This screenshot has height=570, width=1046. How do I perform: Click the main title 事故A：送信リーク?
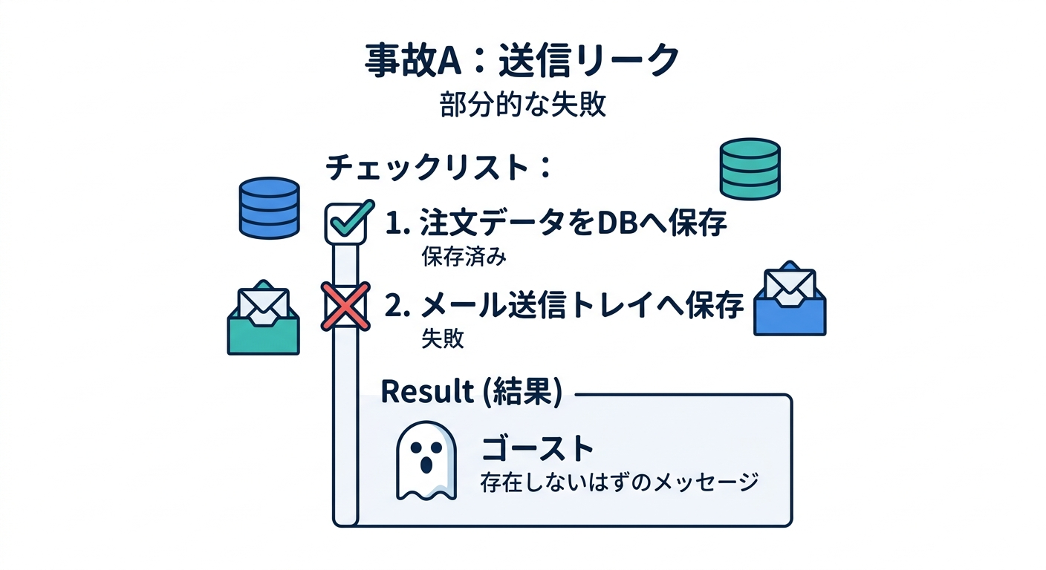[x=522, y=61]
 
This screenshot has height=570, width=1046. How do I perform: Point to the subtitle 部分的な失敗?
[x=523, y=104]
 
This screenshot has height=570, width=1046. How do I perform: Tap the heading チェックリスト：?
[x=438, y=168]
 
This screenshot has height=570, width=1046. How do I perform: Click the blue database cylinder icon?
[x=270, y=208]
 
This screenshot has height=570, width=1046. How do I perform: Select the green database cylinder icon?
[x=750, y=169]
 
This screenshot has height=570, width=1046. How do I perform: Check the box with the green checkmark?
[x=346, y=223]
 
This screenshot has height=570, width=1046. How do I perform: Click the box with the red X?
[x=345, y=307]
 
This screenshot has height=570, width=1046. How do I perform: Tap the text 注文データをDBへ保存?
[x=574, y=223]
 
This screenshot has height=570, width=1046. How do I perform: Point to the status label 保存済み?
[x=464, y=256]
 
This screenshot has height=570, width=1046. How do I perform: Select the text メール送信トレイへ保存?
[x=582, y=306]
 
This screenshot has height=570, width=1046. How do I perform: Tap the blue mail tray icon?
[x=790, y=298]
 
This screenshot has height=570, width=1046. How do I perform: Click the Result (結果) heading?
[x=472, y=391]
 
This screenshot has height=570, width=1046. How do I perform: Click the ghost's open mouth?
[x=426, y=465]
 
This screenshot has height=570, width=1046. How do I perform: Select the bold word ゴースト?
[x=537, y=448]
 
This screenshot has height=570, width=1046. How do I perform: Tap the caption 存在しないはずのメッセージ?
[x=619, y=482]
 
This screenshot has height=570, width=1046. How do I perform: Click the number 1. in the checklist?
[x=397, y=224]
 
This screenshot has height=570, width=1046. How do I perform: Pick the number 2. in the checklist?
[x=397, y=307]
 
